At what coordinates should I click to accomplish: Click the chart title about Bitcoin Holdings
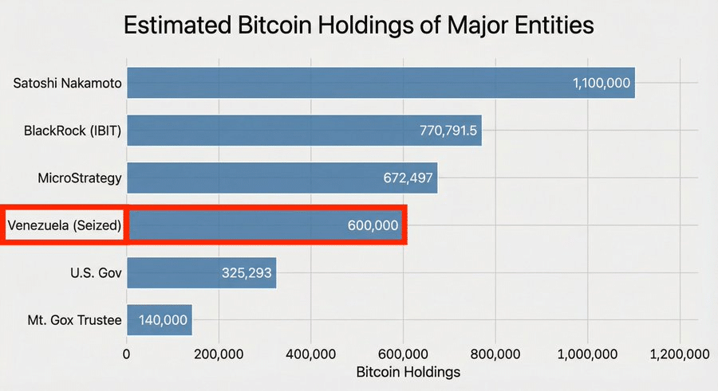tap(359, 25)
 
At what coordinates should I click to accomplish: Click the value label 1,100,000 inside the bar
tap(602, 83)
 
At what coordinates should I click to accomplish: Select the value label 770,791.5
tap(448, 130)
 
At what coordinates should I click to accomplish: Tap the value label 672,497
tap(407, 178)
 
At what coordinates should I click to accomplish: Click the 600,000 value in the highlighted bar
tap(373, 225)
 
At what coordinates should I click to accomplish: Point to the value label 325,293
tap(247, 273)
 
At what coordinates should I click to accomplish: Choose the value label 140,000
tap(163, 320)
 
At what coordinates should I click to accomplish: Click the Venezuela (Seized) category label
tap(64, 225)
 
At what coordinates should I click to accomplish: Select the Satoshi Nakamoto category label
tap(67, 83)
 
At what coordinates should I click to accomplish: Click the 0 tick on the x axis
tap(126, 354)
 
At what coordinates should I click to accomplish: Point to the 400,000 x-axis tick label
tap(310, 354)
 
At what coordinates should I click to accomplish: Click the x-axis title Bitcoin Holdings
tap(408, 372)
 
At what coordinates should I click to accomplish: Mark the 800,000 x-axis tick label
tap(495, 354)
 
